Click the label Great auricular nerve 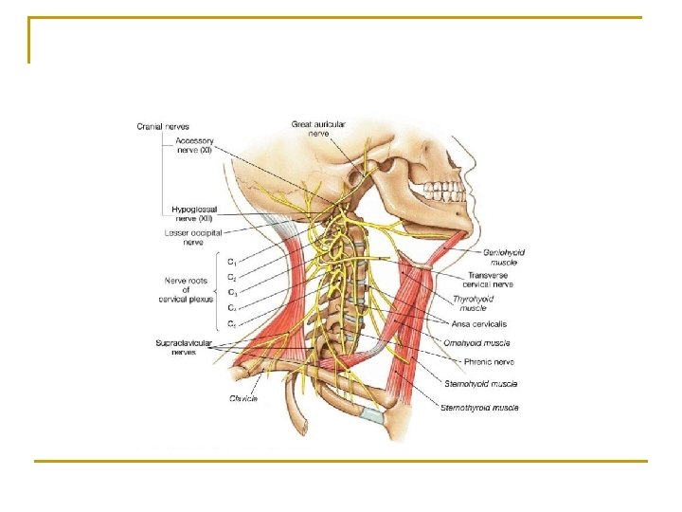pyautogui.click(x=318, y=128)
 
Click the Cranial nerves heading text pyautogui.click(x=162, y=126)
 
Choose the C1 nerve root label pyautogui.click(x=232, y=261)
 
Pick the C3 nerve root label pyautogui.click(x=232, y=292)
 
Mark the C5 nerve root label pyautogui.click(x=232, y=323)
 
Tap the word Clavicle pyautogui.click(x=242, y=398)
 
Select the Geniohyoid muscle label pyautogui.click(x=504, y=257)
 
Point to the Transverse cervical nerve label pyautogui.click(x=488, y=280)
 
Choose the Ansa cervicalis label pyautogui.click(x=479, y=324)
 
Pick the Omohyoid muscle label pyautogui.click(x=479, y=342)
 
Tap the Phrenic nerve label pyautogui.click(x=489, y=361)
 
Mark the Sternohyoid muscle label pyautogui.click(x=480, y=384)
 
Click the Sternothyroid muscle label pyautogui.click(x=479, y=407)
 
